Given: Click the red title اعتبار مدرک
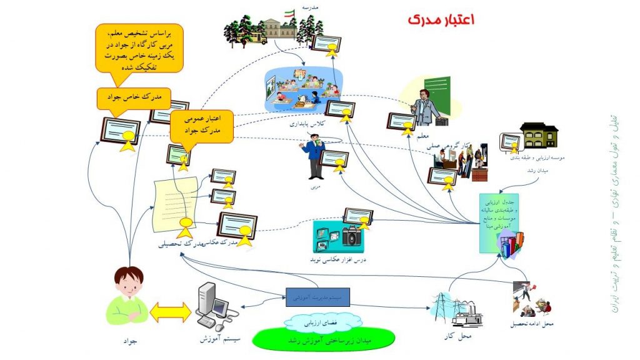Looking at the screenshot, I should point(441,19).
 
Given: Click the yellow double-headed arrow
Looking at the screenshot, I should point(169,312).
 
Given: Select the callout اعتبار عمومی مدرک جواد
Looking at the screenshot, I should point(201,125).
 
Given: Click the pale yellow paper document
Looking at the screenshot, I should point(176,202).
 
